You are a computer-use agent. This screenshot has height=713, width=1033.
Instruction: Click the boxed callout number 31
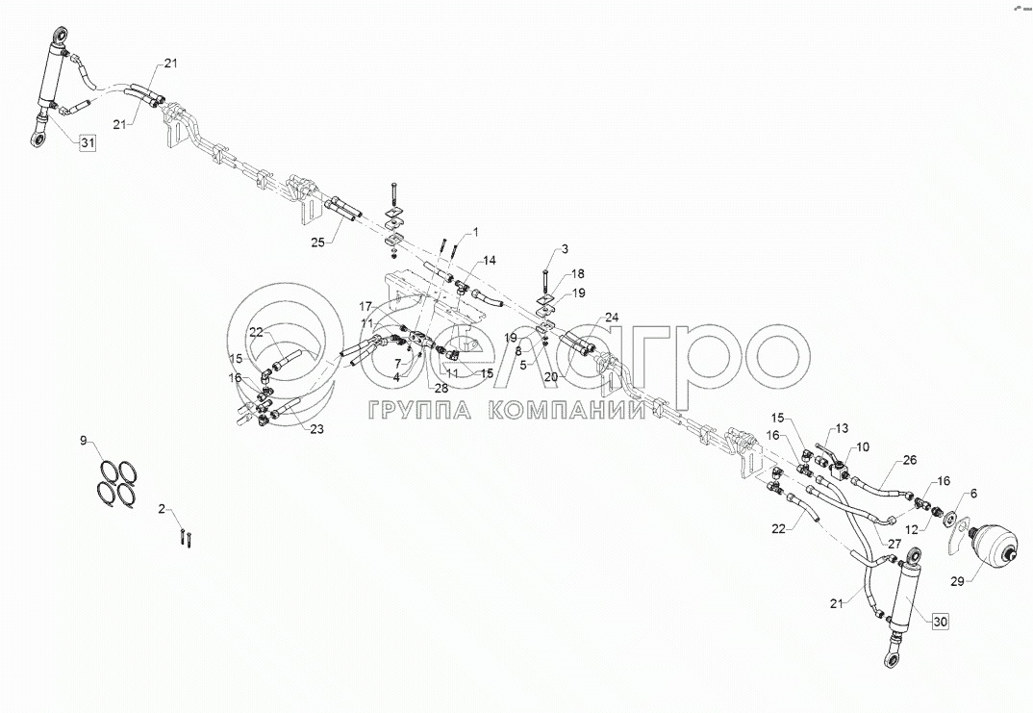(88, 144)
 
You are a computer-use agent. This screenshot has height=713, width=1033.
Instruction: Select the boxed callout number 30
(940, 622)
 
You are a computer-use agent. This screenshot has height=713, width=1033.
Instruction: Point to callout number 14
(489, 260)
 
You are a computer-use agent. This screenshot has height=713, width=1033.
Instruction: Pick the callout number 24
(612, 316)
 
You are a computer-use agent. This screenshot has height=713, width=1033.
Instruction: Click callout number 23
(316, 430)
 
